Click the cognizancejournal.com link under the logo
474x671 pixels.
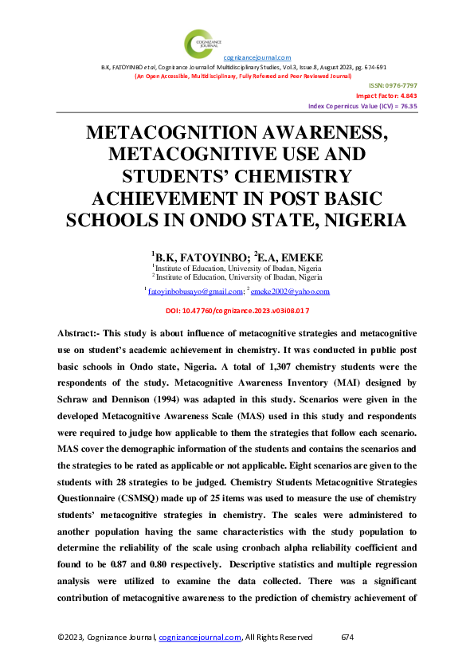(x=257, y=57)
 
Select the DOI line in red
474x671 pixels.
(x=237, y=310)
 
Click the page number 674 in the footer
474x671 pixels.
(x=347, y=637)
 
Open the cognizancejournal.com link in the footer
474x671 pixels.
(x=200, y=637)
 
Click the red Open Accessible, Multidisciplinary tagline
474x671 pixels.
(x=242, y=76)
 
